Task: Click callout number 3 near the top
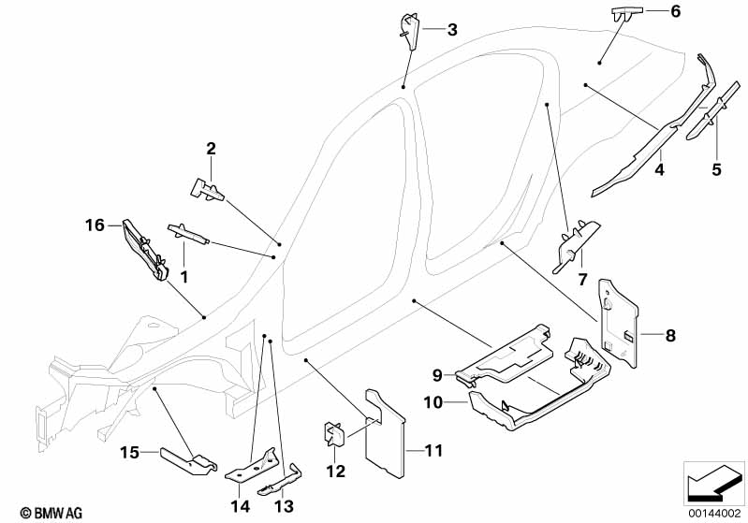tap(452, 30)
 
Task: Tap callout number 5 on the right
tap(716, 169)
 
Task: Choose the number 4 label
tap(659, 169)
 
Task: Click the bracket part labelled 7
tap(573, 244)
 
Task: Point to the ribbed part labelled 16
tap(145, 249)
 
